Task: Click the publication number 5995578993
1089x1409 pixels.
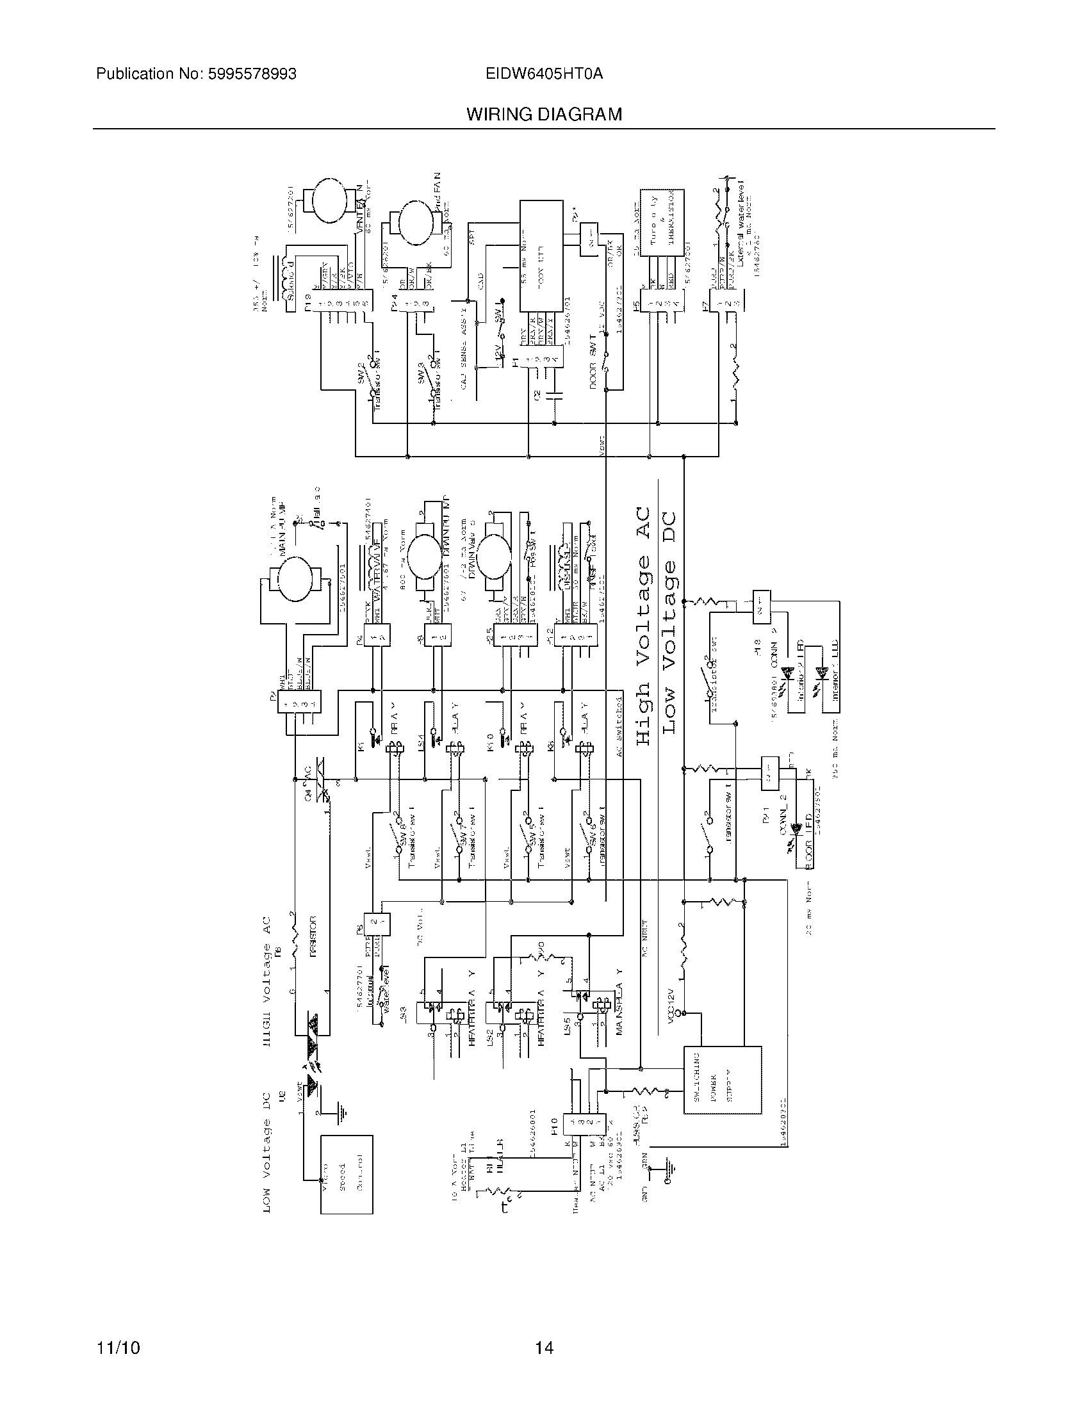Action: (252, 74)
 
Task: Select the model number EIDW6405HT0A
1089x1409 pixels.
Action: (544, 74)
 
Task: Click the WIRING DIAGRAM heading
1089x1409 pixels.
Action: (544, 115)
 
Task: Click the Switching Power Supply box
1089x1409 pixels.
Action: (722, 1080)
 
